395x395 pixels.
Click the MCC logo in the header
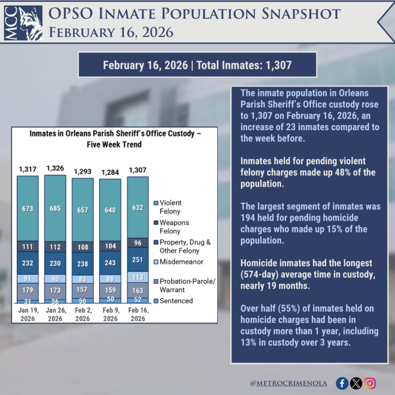[x=24, y=22]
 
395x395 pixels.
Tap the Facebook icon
[x=342, y=383]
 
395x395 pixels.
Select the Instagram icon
[x=370, y=383]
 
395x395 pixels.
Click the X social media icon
[x=356, y=383]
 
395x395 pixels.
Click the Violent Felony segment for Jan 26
[x=55, y=208]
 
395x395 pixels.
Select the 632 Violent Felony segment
[x=137, y=207]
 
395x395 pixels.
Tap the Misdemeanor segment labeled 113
[x=137, y=277]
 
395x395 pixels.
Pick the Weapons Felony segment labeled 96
[x=137, y=243]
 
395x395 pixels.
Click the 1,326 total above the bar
[x=55, y=168]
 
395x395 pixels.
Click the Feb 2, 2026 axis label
[x=83, y=315]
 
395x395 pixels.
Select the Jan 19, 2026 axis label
[x=27, y=315]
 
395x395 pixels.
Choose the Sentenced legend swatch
[x=156, y=301]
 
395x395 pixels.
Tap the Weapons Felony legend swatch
[x=156, y=223]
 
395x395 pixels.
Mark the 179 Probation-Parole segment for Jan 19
[x=27, y=291]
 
